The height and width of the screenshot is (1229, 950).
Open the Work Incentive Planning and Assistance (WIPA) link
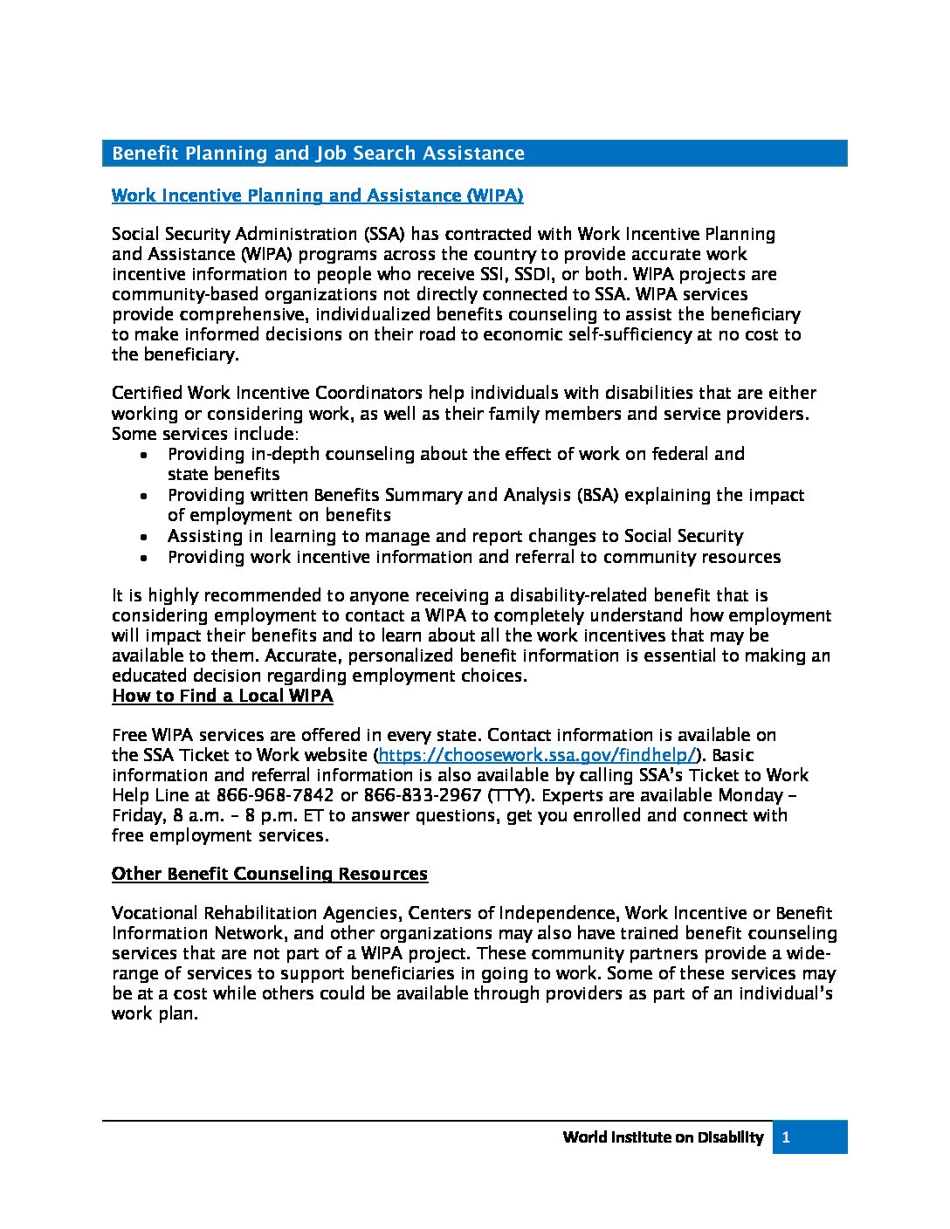[317, 196]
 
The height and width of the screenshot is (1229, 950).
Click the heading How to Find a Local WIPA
[222, 696]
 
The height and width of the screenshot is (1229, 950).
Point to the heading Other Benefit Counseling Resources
[269, 874]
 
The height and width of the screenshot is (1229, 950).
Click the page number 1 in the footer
[786, 1137]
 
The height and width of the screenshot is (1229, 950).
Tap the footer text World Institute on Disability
[663, 1137]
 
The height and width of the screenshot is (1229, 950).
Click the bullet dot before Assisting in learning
[144, 537]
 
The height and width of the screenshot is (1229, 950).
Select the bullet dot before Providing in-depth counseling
[144, 455]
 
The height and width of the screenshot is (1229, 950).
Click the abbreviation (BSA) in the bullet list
[597, 495]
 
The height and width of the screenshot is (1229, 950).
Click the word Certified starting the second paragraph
[147, 393]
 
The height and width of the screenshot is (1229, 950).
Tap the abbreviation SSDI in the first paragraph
[540, 274]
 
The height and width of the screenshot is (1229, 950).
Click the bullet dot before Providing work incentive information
[144, 558]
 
